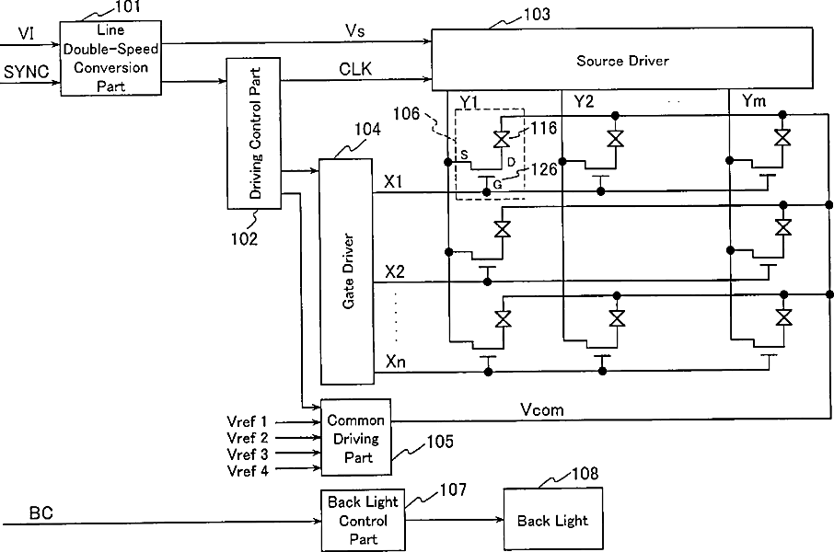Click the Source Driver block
pos(621,59)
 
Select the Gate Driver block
pos(347,271)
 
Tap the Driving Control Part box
pos(254,133)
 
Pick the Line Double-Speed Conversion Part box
pos(110,58)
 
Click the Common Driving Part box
pos(356,437)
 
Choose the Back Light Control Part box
pos(363,521)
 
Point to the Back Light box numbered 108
pos(553,520)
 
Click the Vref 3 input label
pos(248,454)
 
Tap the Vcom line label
pos(542,409)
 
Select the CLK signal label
pos(355,69)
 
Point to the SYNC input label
pos(26,71)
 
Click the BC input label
pos(41,512)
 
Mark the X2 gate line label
pos(395,271)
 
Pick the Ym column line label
pos(754,100)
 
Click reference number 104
pos(367,129)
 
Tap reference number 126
pos(544,169)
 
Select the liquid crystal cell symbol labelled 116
pos(502,139)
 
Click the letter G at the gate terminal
pos(497,185)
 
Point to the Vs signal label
pos(354,31)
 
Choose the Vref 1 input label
pos(247,421)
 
